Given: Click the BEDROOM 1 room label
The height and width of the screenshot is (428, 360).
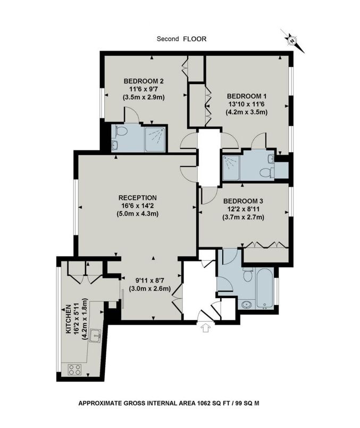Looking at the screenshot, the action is pos(247,96).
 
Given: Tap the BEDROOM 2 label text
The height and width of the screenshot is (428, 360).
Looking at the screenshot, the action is pos(144,81).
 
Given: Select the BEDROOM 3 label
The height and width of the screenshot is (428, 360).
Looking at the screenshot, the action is pos(243,201).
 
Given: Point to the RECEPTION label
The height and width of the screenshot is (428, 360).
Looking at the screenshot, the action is pos(137,197).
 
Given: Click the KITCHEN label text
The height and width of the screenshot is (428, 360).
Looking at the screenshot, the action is pos(68,319).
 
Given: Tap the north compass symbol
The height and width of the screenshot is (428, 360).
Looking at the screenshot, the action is pos(292,41).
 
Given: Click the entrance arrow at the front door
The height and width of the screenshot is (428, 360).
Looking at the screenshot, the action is pos(206,327).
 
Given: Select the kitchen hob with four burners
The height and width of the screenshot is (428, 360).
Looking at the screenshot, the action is pos(74,369).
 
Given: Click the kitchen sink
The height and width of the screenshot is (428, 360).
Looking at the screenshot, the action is pos(96,335).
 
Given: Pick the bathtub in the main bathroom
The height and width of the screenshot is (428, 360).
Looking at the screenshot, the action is pos(265,289).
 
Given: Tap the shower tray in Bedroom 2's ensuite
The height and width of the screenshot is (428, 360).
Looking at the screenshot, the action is pos(155,139).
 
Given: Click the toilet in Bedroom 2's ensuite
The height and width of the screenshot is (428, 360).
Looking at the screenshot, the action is pos(121,131).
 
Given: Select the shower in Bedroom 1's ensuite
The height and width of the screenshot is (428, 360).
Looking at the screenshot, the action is pos(231,168).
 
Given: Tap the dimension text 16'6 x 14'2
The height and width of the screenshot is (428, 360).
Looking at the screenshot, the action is pos(137,205).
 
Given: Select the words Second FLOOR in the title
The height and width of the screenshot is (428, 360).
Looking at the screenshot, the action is pos(181,39).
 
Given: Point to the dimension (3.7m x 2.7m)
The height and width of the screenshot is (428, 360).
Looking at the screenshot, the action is pos(243,217).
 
